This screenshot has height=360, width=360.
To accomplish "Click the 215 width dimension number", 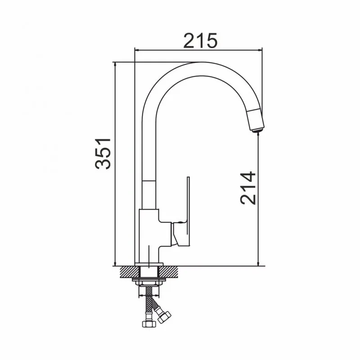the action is coord(200,40).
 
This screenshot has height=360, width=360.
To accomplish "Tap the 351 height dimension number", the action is coord(103,153).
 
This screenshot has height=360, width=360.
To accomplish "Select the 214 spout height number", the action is coord(248,188).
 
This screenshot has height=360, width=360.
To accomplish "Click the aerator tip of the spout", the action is coord(257,131).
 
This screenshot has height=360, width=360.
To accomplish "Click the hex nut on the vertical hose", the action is coord(149,324).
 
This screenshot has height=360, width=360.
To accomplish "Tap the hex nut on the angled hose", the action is coord(164,317).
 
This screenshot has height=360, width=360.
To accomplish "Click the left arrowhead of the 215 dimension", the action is coord(136,49).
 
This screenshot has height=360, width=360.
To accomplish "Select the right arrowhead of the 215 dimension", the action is coord(260,49).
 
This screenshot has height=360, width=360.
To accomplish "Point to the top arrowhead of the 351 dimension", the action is coord(115,64).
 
